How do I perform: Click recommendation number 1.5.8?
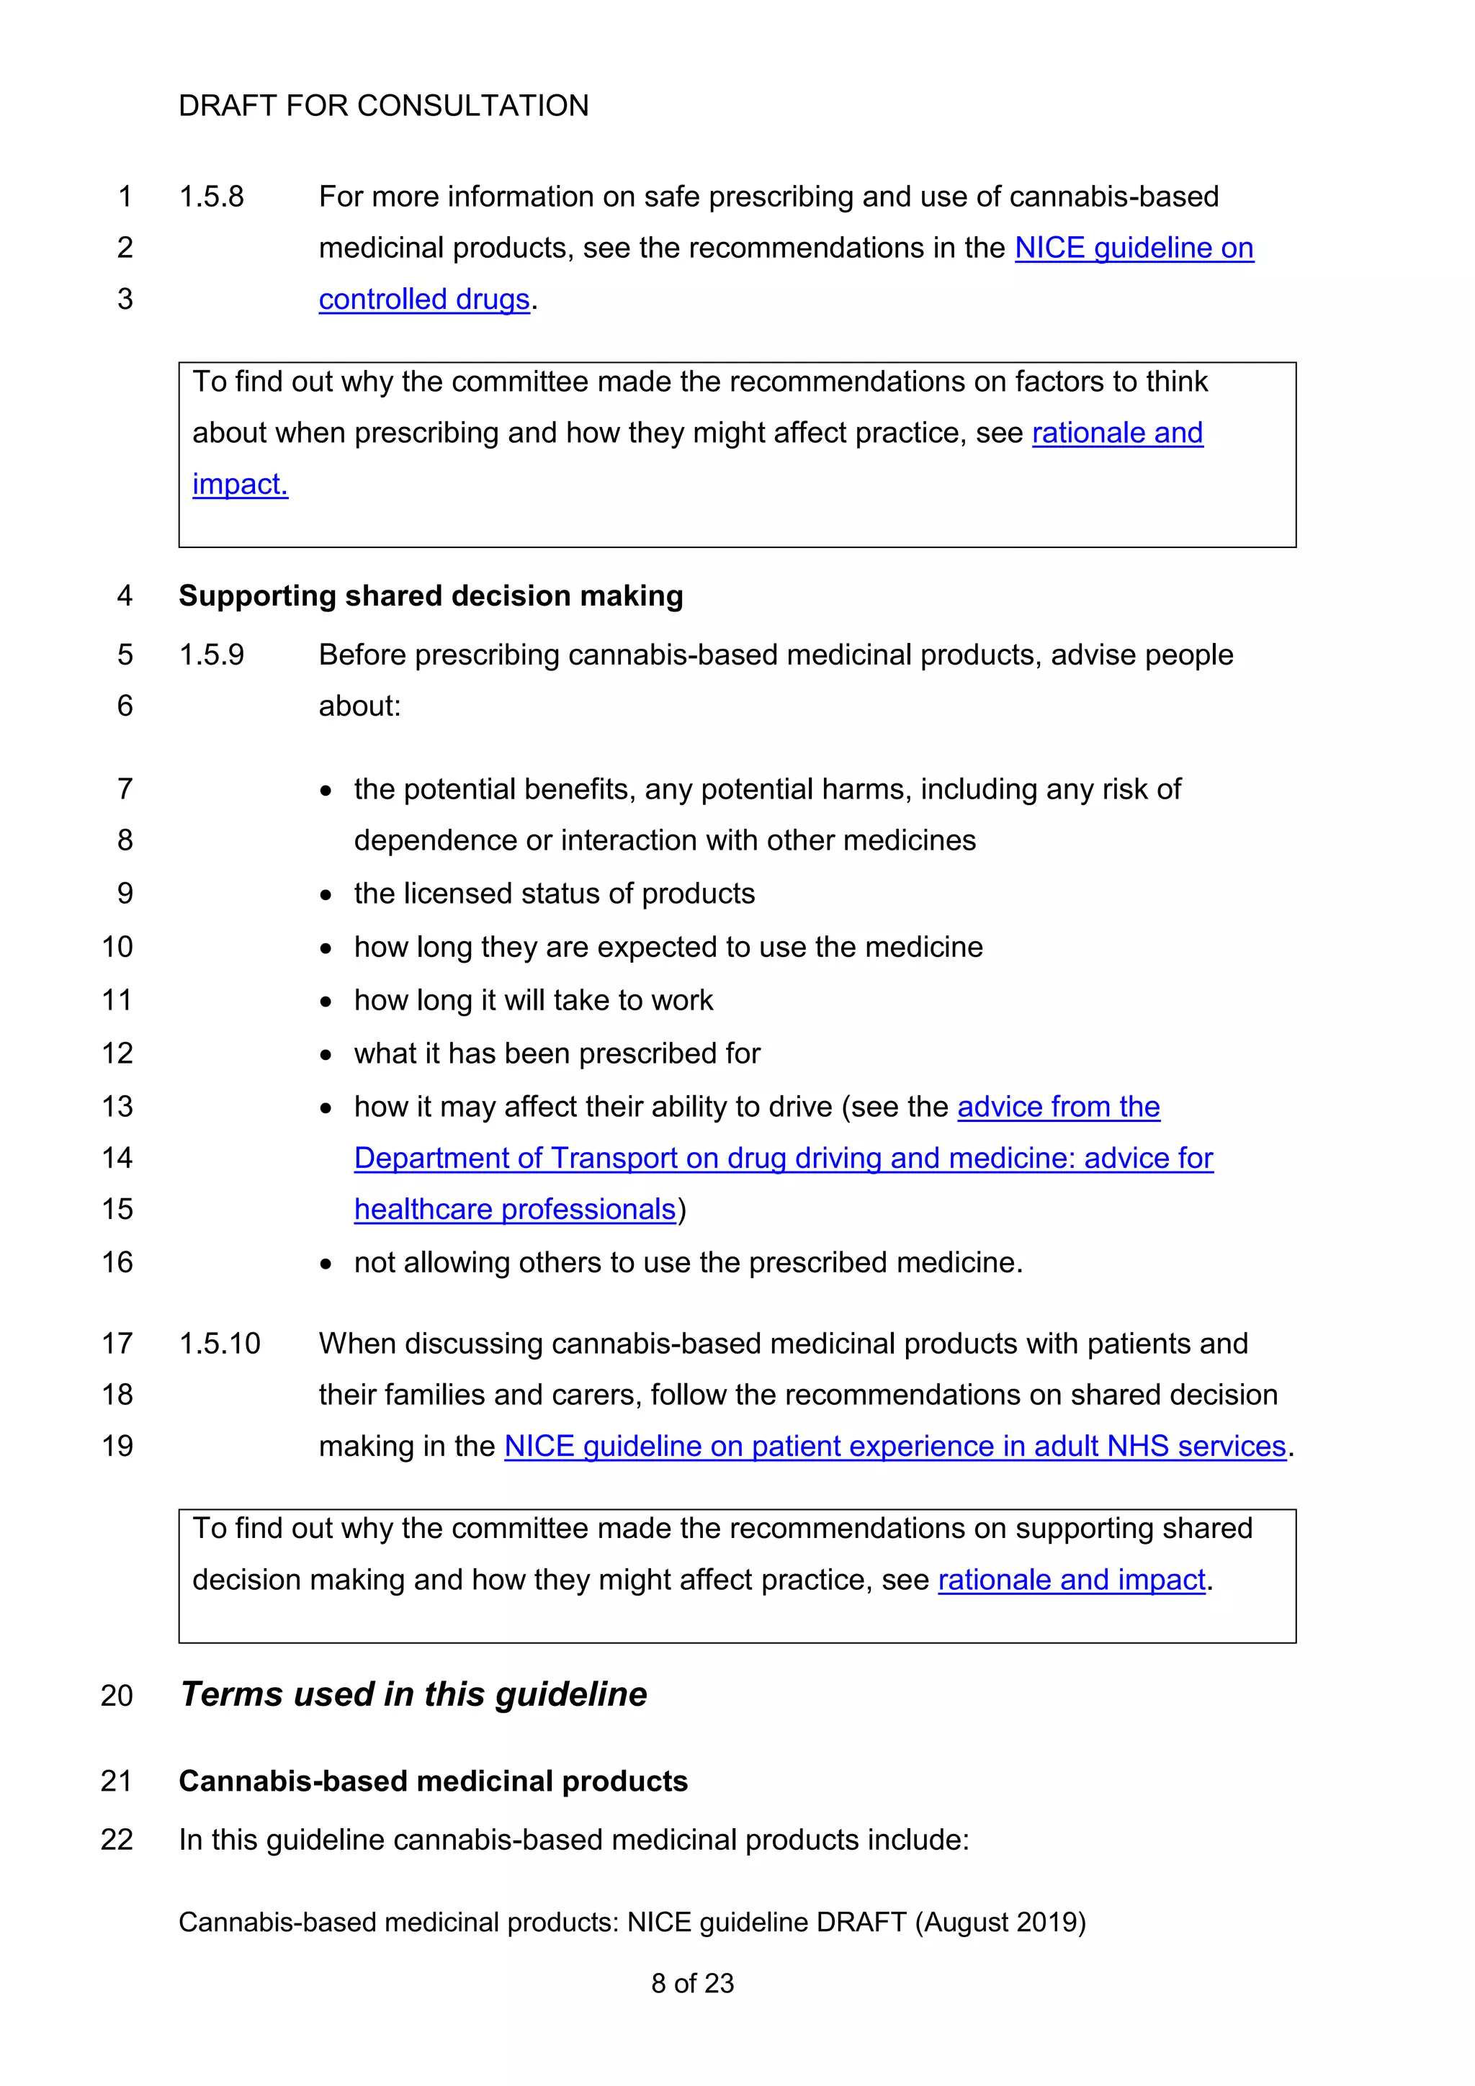coord(211,197)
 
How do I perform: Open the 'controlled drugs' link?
coord(423,299)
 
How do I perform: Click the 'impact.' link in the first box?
coord(240,485)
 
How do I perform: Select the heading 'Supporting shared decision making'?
coord(430,596)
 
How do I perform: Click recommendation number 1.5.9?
coord(211,655)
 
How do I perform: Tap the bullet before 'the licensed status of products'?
coord(326,896)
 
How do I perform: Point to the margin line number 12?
coord(117,1054)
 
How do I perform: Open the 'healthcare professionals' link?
coord(514,1209)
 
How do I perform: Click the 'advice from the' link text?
coord(1058,1107)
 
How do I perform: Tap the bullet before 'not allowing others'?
coord(326,1264)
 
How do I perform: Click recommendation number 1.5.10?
coord(219,1344)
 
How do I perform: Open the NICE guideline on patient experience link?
coord(895,1447)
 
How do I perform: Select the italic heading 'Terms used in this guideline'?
coord(413,1694)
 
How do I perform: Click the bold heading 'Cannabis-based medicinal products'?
coord(433,1781)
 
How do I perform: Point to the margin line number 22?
coord(117,1840)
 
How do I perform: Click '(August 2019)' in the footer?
coord(1000,1923)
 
